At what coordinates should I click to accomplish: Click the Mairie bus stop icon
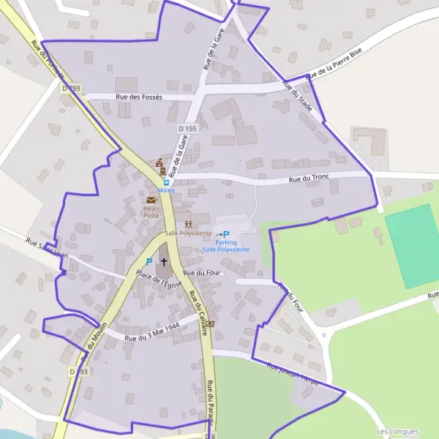point(165,182)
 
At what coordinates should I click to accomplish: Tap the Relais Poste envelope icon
point(151,200)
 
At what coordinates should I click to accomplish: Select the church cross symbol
point(164,261)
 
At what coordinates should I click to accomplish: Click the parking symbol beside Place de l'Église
point(149,261)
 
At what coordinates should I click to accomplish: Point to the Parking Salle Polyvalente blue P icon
point(226,234)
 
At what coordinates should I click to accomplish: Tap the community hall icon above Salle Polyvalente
point(188,223)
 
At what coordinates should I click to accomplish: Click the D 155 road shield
point(187,129)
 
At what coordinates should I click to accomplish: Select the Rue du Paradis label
point(210,402)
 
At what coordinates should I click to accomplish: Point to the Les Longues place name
point(392,432)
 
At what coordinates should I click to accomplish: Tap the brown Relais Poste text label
point(151,212)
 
